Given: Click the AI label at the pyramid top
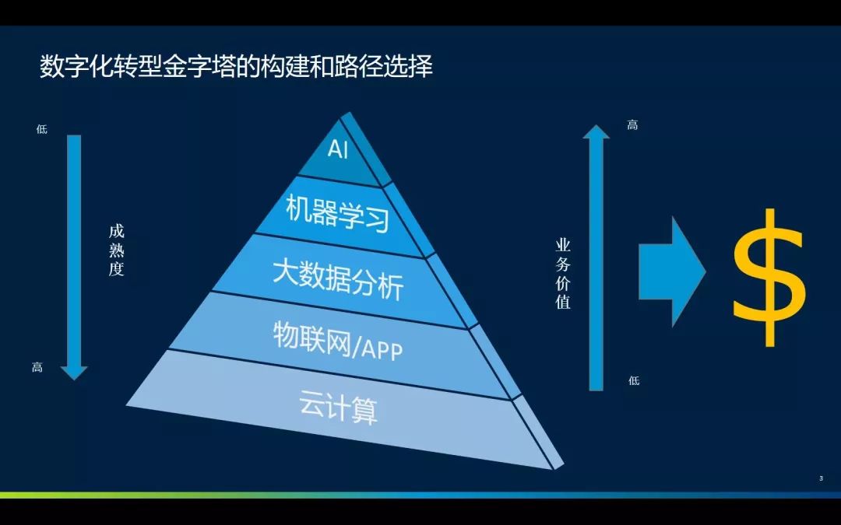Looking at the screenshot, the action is (x=338, y=149).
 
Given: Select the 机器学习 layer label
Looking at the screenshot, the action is (x=337, y=213).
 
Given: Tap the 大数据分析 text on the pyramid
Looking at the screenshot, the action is (x=338, y=280).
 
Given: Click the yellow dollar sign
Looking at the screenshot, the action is (x=769, y=278).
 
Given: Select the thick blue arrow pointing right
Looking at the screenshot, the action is (x=672, y=271).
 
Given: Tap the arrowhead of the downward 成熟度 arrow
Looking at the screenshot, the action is (x=74, y=373).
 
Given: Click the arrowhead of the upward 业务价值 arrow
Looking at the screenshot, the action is (x=596, y=131).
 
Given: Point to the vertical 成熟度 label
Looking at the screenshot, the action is (x=116, y=250).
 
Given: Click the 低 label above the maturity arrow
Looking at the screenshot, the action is (x=42, y=129).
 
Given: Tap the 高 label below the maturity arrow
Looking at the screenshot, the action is (x=37, y=367).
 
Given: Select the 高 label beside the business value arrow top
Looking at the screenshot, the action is (x=633, y=125).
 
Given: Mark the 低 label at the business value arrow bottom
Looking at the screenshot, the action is (x=634, y=380).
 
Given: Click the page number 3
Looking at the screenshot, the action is (x=822, y=478).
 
